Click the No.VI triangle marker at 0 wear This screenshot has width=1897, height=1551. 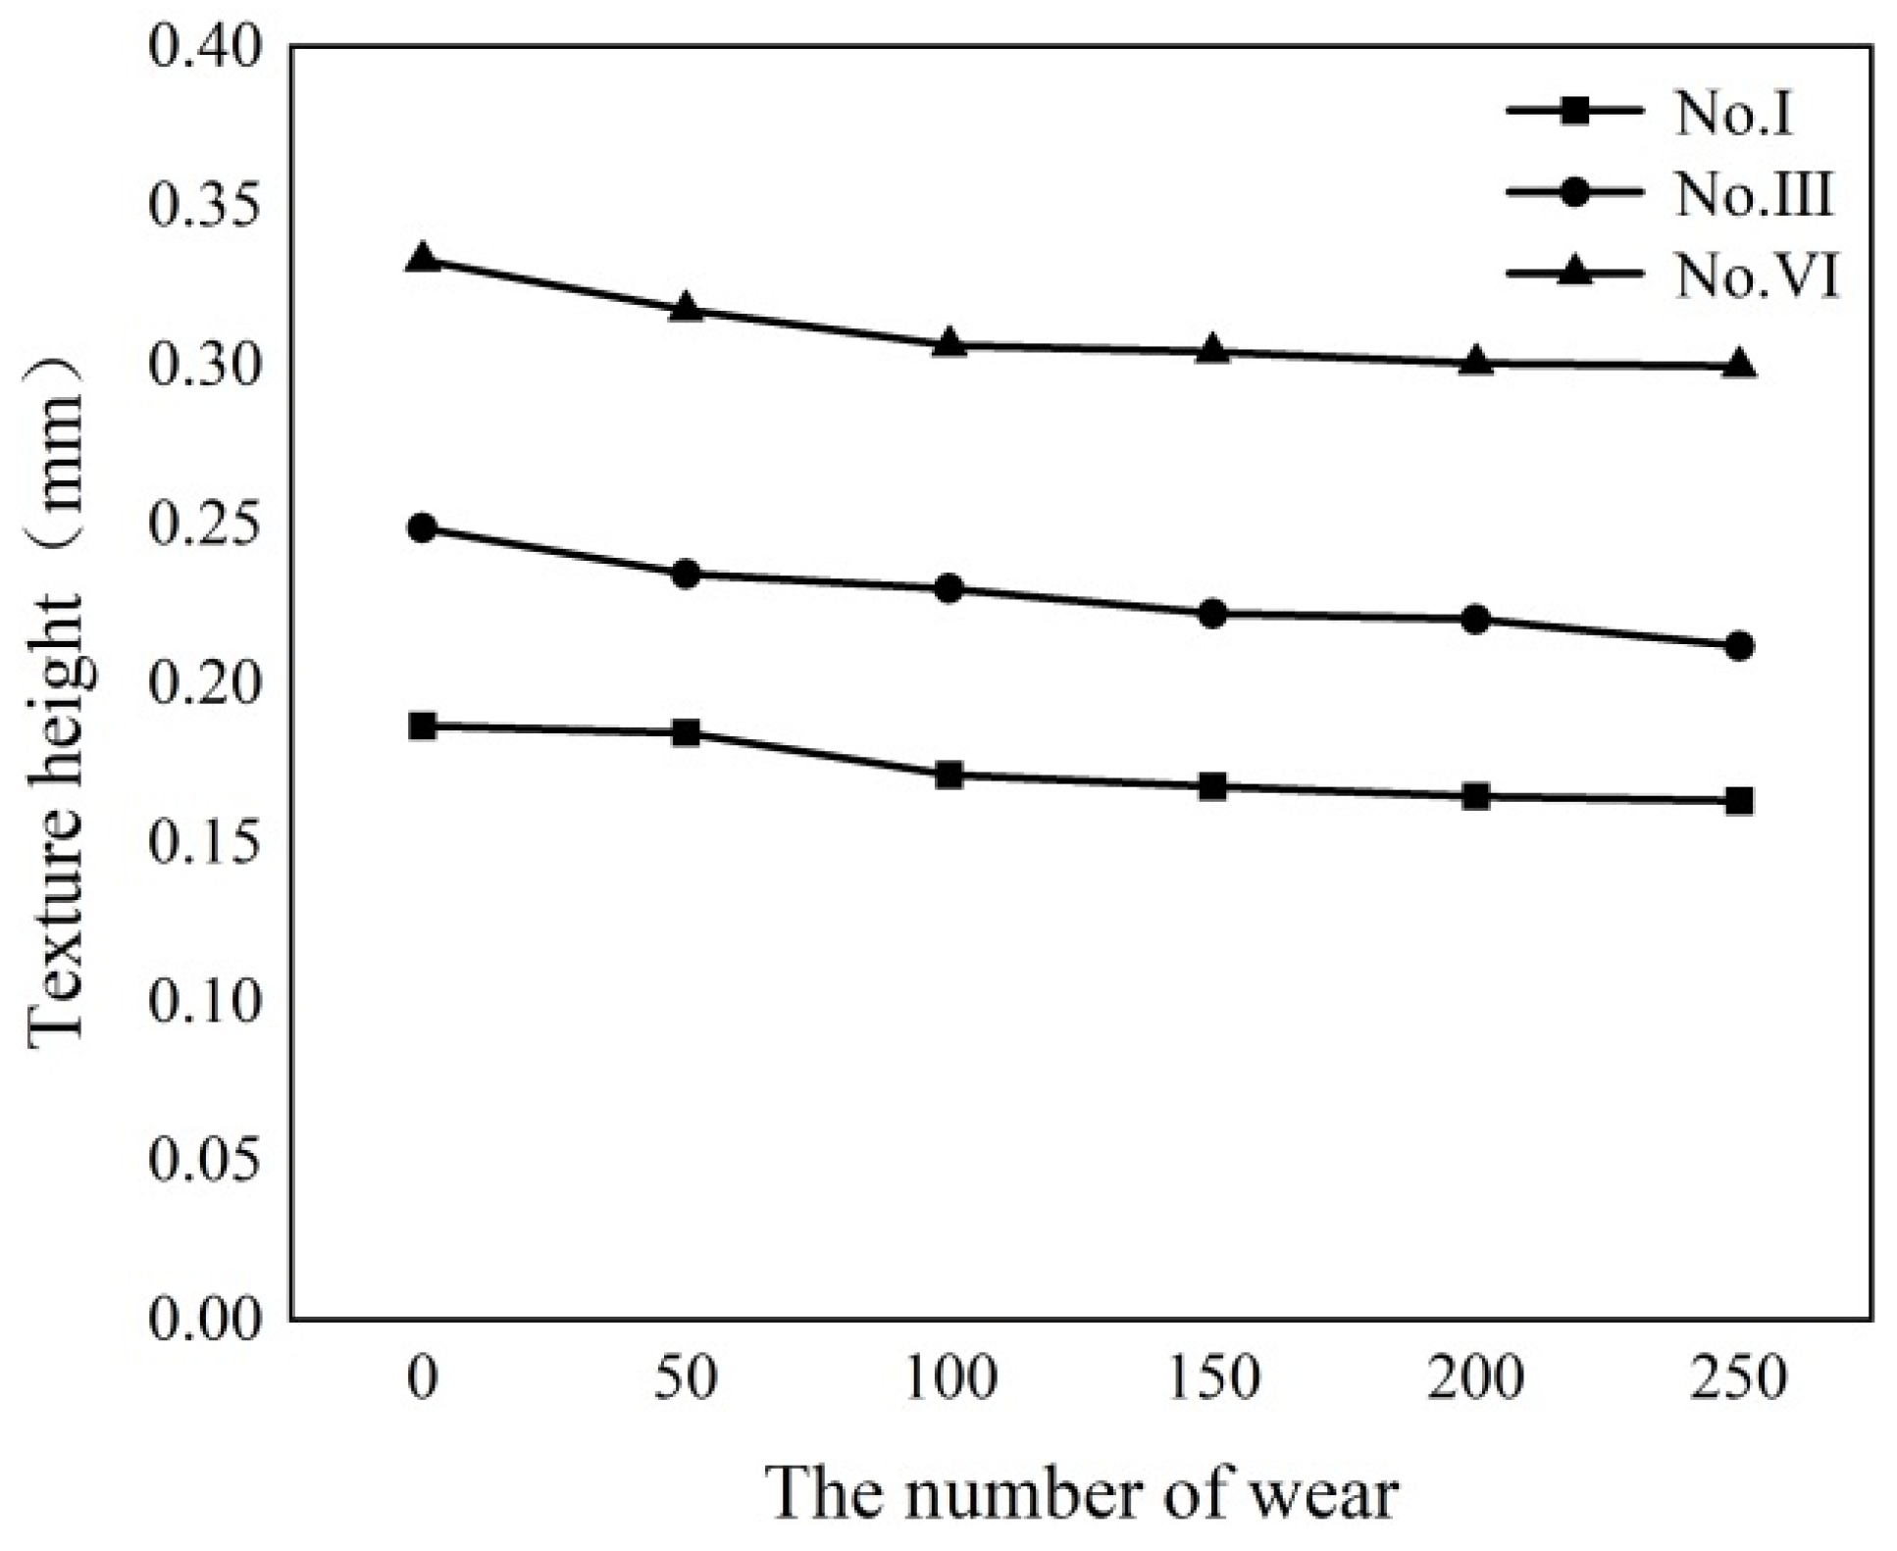pos(423,260)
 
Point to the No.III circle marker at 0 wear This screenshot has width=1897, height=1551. pos(423,528)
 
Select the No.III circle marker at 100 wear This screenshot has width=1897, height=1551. pos(948,589)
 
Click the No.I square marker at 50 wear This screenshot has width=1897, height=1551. pos(687,732)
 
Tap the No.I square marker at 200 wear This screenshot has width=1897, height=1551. pos(1475,796)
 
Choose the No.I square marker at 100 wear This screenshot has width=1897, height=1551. pos(948,775)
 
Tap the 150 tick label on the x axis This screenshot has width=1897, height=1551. pos(1213,1377)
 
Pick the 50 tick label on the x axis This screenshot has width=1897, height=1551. pos(687,1377)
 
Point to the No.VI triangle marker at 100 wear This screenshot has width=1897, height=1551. pos(948,343)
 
